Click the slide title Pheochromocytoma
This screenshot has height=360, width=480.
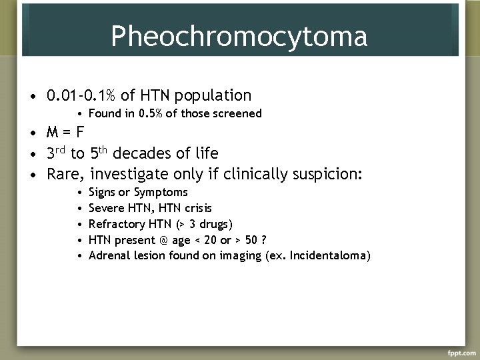click(239, 36)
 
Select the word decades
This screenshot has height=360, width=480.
click(143, 153)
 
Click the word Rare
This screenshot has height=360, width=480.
click(65, 175)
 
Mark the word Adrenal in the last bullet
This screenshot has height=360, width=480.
click(107, 255)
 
